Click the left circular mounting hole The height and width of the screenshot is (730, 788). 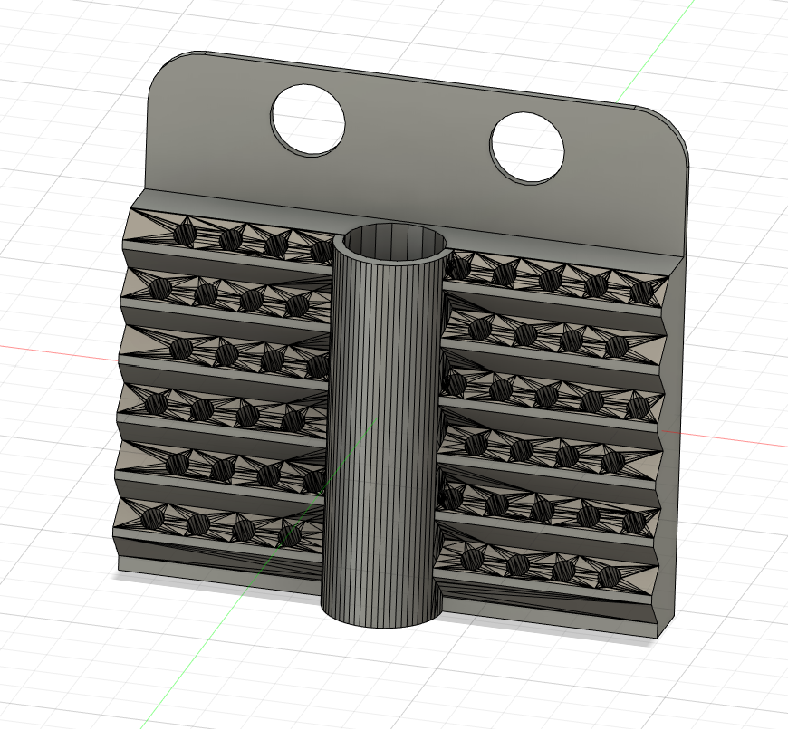[308, 120]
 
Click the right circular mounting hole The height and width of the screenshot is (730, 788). [527, 148]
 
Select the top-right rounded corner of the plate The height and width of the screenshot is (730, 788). [676, 132]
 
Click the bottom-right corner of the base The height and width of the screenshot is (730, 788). [654, 635]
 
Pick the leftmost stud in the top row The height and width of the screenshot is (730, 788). [184, 234]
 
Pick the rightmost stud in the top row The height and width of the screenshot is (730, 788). [641, 292]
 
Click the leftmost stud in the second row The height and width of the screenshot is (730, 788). [161, 289]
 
